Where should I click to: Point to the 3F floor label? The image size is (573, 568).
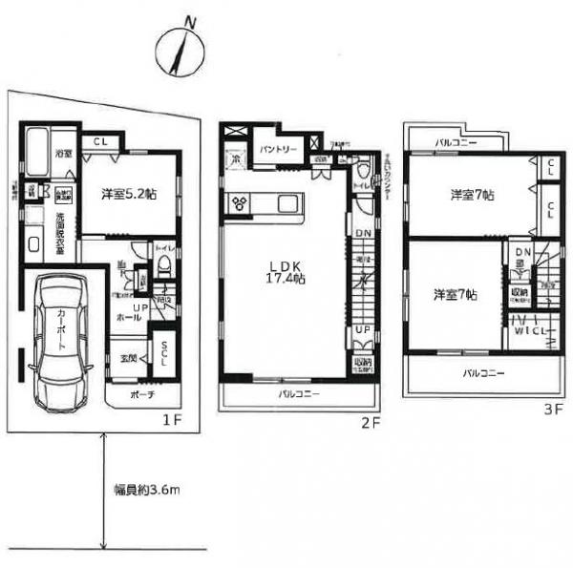pos(552,408)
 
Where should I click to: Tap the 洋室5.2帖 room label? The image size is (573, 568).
pos(129,193)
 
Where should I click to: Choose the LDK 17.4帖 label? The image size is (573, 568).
pos(286,271)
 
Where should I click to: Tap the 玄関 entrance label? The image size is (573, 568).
pos(126,359)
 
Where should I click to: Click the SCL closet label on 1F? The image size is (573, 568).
pos(165,353)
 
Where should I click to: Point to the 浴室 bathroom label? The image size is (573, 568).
pos(63,153)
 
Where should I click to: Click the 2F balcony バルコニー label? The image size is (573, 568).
pos(298,393)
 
